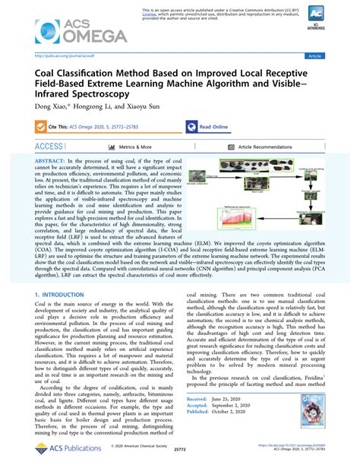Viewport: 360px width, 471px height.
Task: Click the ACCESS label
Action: click(49, 146)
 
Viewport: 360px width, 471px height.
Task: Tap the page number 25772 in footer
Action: click(180, 451)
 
